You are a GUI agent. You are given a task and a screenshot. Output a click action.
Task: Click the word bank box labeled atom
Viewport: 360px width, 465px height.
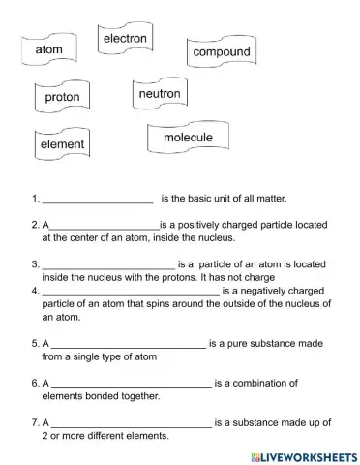[x=48, y=48]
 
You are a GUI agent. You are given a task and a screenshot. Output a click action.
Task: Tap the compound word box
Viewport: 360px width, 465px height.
[x=221, y=52]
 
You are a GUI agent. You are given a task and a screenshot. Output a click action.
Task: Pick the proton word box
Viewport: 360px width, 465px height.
[x=62, y=98]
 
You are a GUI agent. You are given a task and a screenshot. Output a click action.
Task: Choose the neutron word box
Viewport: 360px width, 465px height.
[x=160, y=95]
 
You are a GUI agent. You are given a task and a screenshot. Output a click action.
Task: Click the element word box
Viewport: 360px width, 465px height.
[x=62, y=144]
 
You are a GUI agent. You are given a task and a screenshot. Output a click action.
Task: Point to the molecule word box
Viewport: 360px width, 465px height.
[x=188, y=139]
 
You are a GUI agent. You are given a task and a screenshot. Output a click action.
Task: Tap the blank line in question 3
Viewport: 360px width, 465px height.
[x=107, y=263]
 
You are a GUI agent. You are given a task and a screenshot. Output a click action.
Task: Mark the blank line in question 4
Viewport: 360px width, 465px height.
[x=130, y=290]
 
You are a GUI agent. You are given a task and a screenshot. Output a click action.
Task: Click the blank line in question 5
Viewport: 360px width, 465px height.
[x=128, y=345]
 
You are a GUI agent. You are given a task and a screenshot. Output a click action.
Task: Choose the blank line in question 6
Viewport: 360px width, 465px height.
[x=130, y=385]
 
